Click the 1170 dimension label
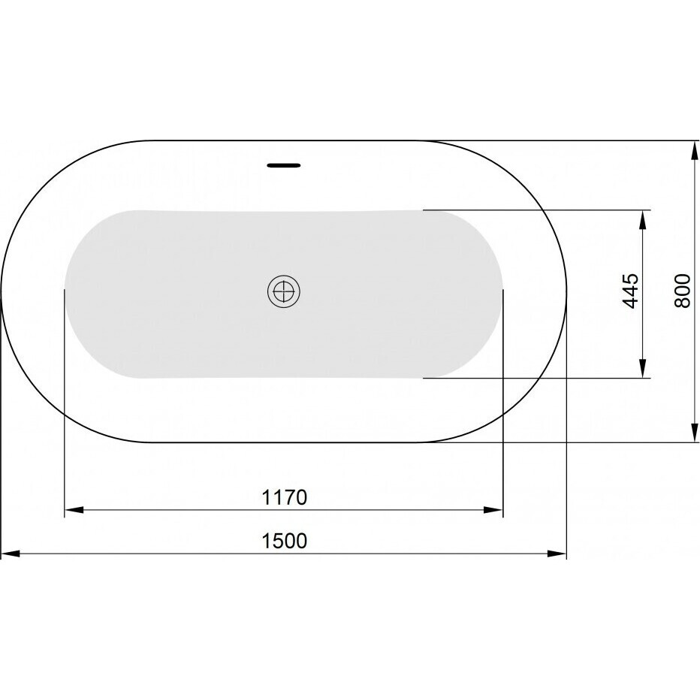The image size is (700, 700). point(284,497)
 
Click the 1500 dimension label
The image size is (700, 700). point(284,541)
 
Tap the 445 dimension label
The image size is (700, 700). point(631,291)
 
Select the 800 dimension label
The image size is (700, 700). point(682,291)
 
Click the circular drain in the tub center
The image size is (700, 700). point(283,291)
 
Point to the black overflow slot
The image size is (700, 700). point(283,165)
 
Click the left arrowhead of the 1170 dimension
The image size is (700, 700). point(74,510)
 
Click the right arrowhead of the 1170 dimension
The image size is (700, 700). point(493,510)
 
